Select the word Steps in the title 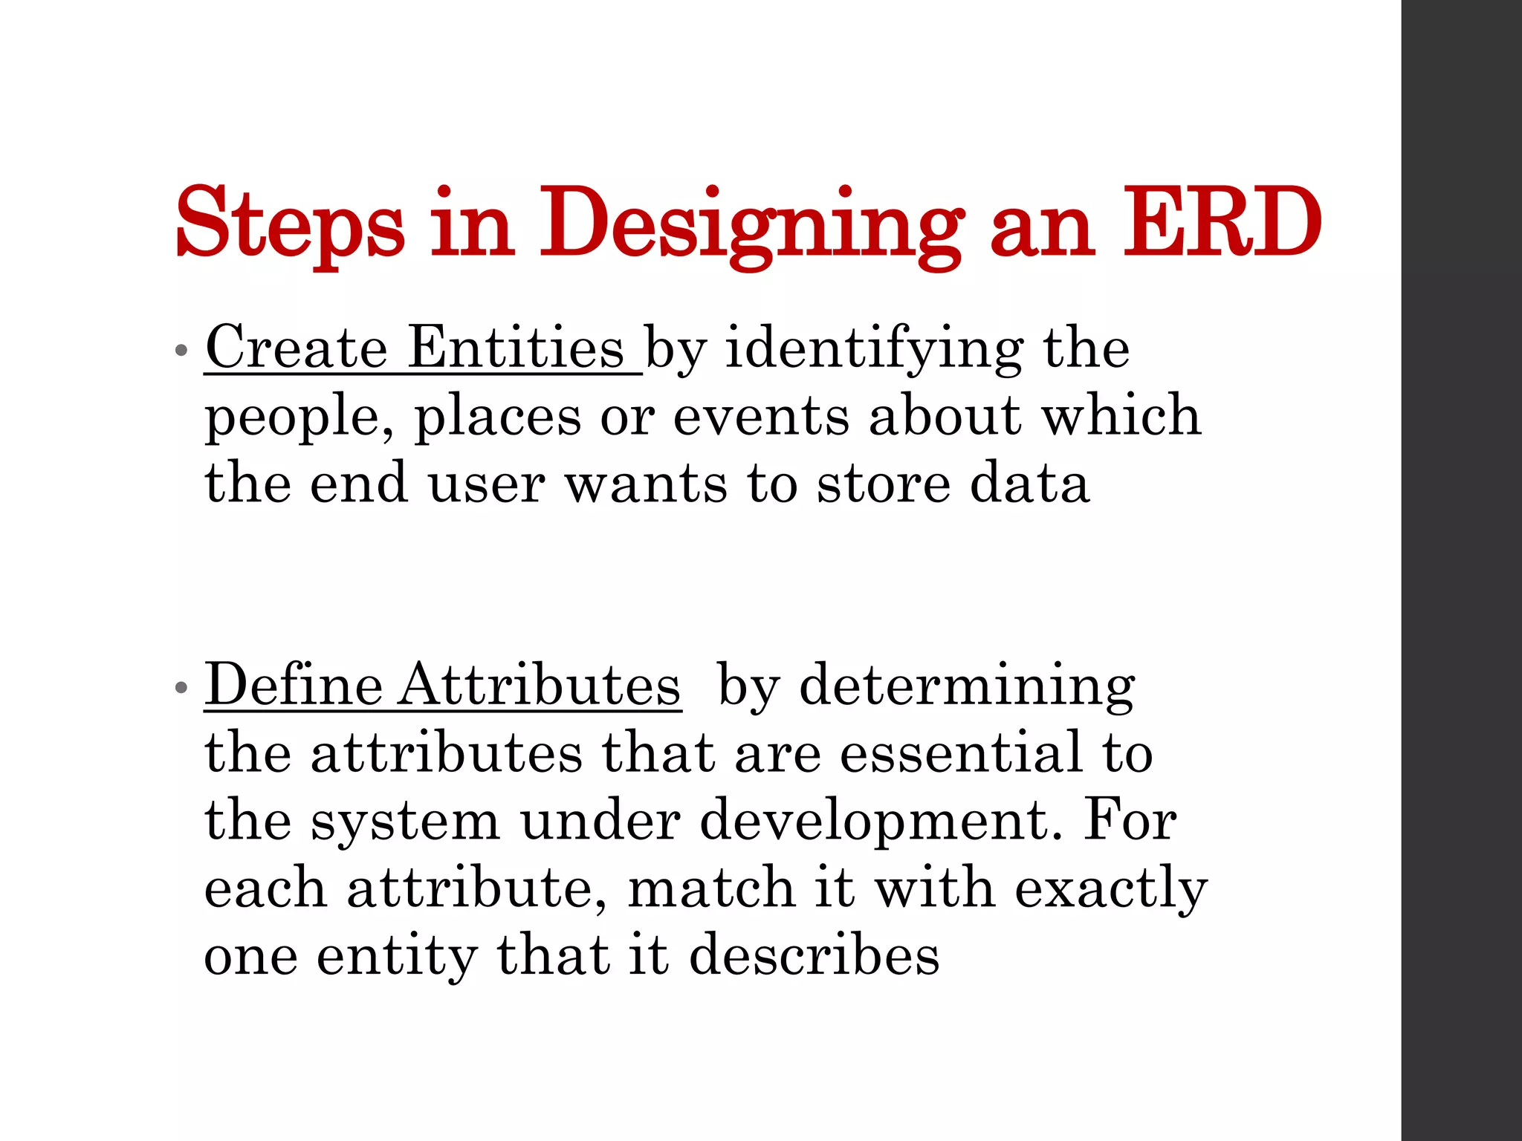[x=290, y=223]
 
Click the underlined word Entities [x=516, y=347]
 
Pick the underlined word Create [x=296, y=347]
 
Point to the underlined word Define [x=293, y=684]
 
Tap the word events [x=761, y=416]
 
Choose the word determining [x=966, y=684]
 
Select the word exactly [x=1111, y=888]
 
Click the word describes [x=814, y=955]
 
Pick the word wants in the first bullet [x=647, y=483]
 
